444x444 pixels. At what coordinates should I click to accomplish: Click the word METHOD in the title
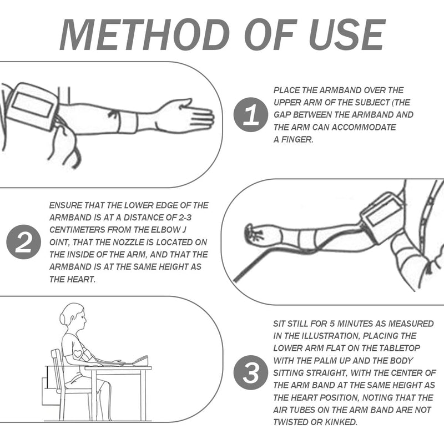[x=144, y=34]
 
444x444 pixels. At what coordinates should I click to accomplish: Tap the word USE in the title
[x=347, y=34]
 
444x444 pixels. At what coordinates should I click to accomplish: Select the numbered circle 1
[x=251, y=114]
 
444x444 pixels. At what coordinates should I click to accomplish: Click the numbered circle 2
[x=23, y=242]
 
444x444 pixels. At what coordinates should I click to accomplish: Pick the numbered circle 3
[x=251, y=372]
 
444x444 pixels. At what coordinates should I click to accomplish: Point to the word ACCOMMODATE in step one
[x=364, y=127]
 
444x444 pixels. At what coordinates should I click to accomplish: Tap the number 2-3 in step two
[x=185, y=218]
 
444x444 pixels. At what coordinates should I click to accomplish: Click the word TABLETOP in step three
[x=400, y=348]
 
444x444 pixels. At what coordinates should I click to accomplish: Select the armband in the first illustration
[x=33, y=106]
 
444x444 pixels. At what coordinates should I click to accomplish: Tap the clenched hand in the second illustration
[x=254, y=233]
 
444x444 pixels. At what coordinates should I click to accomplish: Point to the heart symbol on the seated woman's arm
[x=78, y=354]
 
